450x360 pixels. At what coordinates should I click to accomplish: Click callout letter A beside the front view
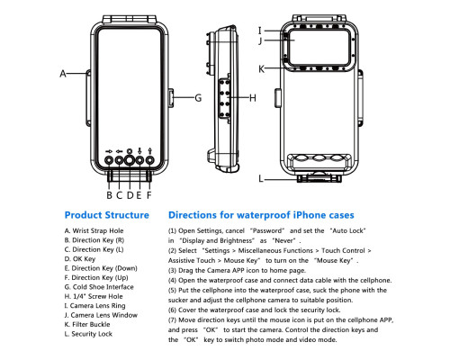[x=63, y=74]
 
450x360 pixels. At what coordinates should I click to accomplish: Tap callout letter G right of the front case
[x=198, y=98]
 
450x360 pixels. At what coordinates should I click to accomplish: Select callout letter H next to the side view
[x=253, y=98]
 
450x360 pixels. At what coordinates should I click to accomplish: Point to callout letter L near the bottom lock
[x=261, y=179]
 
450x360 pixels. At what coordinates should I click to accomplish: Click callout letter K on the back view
[x=262, y=69]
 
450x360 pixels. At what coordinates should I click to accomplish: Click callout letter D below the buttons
[x=130, y=195]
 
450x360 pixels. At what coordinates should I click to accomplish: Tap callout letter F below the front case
[x=149, y=195]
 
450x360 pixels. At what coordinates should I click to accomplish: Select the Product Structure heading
[x=107, y=215]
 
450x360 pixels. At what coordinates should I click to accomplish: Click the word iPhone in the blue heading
[x=309, y=215]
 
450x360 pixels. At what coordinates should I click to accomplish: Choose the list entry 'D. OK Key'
[x=80, y=259]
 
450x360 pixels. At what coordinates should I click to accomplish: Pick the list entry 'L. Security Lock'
[x=88, y=334]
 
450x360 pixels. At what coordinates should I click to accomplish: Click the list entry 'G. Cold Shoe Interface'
[x=99, y=287]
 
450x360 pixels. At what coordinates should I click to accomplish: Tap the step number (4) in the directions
[x=172, y=281]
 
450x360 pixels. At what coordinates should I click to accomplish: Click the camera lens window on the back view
[x=319, y=47]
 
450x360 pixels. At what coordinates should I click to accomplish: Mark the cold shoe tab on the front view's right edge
[x=171, y=97]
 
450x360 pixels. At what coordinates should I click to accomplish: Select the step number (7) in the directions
[x=172, y=320]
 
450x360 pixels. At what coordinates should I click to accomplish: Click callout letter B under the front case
[x=110, y=195]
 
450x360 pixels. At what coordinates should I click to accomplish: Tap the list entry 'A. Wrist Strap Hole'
[x=94, y=230]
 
